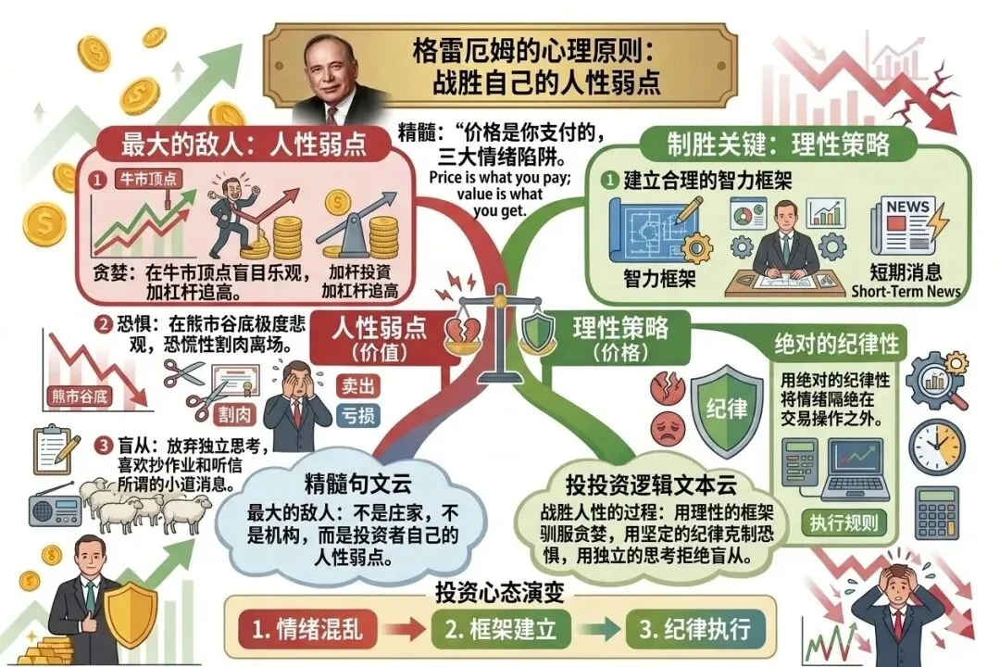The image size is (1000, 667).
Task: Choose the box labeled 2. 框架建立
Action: click(500, 630)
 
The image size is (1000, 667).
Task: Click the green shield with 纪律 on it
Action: click(728, 409)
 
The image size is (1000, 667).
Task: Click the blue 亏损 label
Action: click(357, 416)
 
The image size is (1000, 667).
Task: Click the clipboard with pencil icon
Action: click(56, 451)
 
